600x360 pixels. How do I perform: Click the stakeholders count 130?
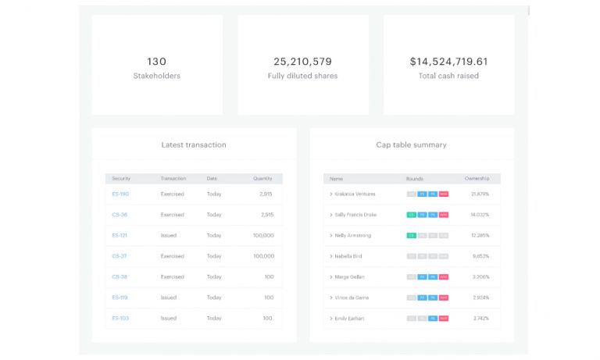[x=156, y=61]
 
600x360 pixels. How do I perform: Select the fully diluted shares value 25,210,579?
[x=302, y=61]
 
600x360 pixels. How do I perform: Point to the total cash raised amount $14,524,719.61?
[x=448, y=61]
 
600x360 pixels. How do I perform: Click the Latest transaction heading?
[x=194, y=144]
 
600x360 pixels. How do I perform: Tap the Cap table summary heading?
[x=411, y=144]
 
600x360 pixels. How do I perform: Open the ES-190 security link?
[x=120, y=194]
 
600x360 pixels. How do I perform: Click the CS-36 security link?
[x=120, y=215]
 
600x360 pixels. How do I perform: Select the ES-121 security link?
[x=119, y=235]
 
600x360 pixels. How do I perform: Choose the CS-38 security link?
[x=120, y=276]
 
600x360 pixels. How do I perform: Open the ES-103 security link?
[x=120, y=318]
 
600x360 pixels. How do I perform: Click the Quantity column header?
[x=262, y=178]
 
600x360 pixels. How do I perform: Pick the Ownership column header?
[x=477, y=178]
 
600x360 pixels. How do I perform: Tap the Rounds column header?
[x=414, y=178]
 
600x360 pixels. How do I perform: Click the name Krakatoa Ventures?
[x=355, y=194]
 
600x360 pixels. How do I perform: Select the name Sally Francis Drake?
[x=355, y=215]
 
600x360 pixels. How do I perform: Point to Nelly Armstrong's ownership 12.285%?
[x=480, y=235]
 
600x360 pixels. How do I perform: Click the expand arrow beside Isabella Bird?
[x=331, y=256]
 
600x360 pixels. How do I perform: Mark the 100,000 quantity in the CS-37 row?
[x=263, y=256]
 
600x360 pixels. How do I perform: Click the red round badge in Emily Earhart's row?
[x=444, y=318]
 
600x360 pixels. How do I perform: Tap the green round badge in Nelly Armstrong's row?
[x=411, y=235]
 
